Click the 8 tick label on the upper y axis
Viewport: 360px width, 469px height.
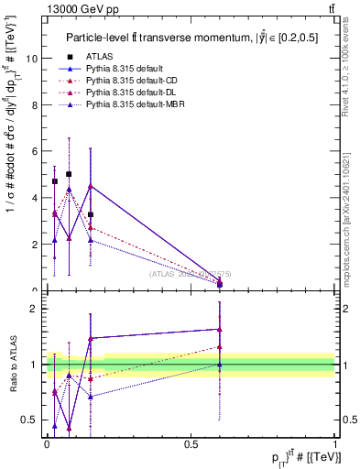34,104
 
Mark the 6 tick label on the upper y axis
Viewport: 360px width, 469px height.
34,151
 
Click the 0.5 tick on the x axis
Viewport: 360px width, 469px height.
191,443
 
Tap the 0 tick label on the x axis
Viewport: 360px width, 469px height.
47,443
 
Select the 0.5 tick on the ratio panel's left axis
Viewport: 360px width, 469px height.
30,420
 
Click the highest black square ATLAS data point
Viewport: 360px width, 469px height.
69,173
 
